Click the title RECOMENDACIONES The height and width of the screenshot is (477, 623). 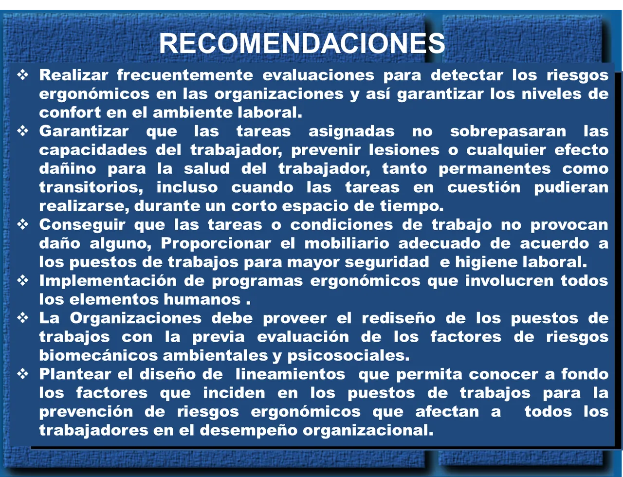[x=302, y=44]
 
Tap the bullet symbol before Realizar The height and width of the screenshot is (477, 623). [x=23, y=75]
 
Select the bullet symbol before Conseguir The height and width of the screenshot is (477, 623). [x=23, y=225]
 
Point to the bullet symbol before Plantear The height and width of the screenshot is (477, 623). [x=23, y=374]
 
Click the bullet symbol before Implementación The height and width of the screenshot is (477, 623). [x=23, y=281]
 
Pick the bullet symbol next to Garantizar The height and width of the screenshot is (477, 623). [x=23, y=131]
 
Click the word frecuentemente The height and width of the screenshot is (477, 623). [x=184, y=75]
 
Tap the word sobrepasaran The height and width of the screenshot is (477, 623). [x=508, y=131]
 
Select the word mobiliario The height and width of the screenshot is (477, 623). [x=347, y=243]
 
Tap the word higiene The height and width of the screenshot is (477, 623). [x=486, y=262]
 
